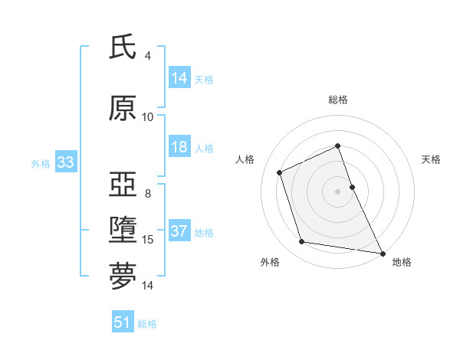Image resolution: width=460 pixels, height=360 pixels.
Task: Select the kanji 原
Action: (x=123, y=109)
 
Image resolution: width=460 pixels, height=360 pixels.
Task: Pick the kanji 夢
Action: (x=123, y=275)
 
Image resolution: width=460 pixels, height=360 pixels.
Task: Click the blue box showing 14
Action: (x=179, y=78)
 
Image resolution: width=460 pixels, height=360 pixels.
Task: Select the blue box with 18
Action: (x=179, y=147)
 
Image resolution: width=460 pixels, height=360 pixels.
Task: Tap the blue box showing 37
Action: (x=179, y=231)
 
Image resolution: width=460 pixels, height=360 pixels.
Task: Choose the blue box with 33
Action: (x=65, y=162)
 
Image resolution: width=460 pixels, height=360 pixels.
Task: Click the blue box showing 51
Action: (x=123, y=322)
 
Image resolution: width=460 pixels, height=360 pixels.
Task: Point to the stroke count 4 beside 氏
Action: (x=148, y=56)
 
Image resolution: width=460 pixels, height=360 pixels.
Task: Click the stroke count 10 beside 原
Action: (x=148, y=117)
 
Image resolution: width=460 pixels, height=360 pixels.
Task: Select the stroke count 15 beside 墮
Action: (x=148, y=240)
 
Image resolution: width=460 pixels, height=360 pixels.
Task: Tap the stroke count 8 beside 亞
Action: (x=148, y=194)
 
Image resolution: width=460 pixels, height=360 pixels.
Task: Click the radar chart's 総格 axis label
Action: (x=338, y=100)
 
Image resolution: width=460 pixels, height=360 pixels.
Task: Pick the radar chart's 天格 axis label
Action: (x=431, y=159)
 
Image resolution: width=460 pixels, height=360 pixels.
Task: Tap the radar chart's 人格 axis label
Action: (x=245, y=159)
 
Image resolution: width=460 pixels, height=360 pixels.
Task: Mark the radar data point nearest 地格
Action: (x=383, y=252)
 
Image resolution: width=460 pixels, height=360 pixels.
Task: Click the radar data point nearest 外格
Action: (x=302, y=242)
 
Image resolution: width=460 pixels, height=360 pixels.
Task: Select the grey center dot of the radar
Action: (x=338, y=191)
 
